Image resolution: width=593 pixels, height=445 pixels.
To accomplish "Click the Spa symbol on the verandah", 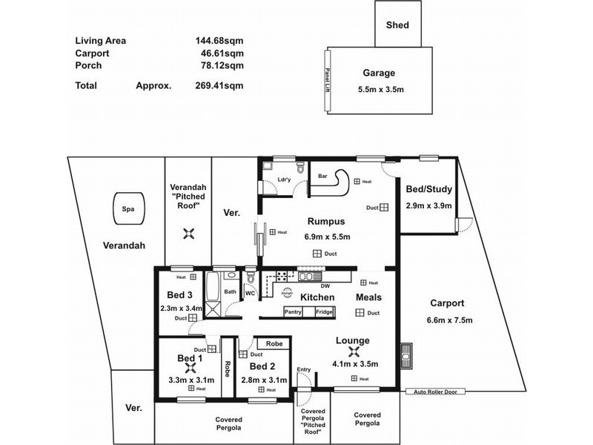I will click(x=127, y=209).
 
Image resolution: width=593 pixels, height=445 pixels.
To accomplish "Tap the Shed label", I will click(x=397, y=25).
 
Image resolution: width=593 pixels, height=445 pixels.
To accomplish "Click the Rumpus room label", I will click(x=326, y=221).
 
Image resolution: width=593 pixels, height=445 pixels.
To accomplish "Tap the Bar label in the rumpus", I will click(x=322, y=176).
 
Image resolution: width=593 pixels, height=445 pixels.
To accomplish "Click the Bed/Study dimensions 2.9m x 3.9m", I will click(x=428, y=205).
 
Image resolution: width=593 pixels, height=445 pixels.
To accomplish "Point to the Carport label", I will click(x=446, y=303).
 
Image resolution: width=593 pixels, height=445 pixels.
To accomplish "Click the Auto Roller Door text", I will click(x=440, y=392).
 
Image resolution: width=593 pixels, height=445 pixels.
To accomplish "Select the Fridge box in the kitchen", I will click(x=324, y=311).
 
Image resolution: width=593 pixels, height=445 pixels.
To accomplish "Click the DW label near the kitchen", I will click(x=325, y=286).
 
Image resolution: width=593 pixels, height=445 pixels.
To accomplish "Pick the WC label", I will click(x=250, y=293).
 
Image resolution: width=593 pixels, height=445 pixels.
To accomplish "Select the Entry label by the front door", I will click(x=304, y=369).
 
